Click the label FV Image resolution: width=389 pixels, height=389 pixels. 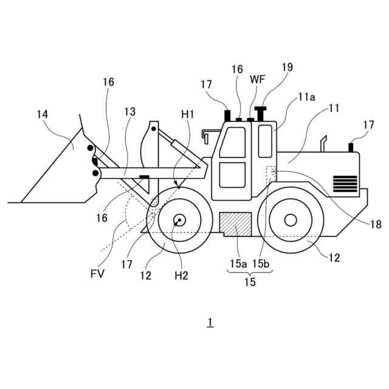97,274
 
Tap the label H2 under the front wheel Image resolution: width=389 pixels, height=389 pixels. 181,275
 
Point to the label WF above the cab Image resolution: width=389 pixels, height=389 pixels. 257,80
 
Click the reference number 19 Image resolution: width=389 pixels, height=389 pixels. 287,67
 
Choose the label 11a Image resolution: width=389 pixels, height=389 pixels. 306,97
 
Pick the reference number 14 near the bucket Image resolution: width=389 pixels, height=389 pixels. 42,114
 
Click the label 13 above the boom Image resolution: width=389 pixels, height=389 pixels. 130,111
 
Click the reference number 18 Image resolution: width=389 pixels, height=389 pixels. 376,224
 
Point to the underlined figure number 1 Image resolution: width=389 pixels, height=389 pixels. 210,322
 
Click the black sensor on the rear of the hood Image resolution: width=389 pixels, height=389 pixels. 351,146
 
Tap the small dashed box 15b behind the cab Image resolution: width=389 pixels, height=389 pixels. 271,173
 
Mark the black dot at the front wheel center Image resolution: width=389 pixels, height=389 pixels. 180,220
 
